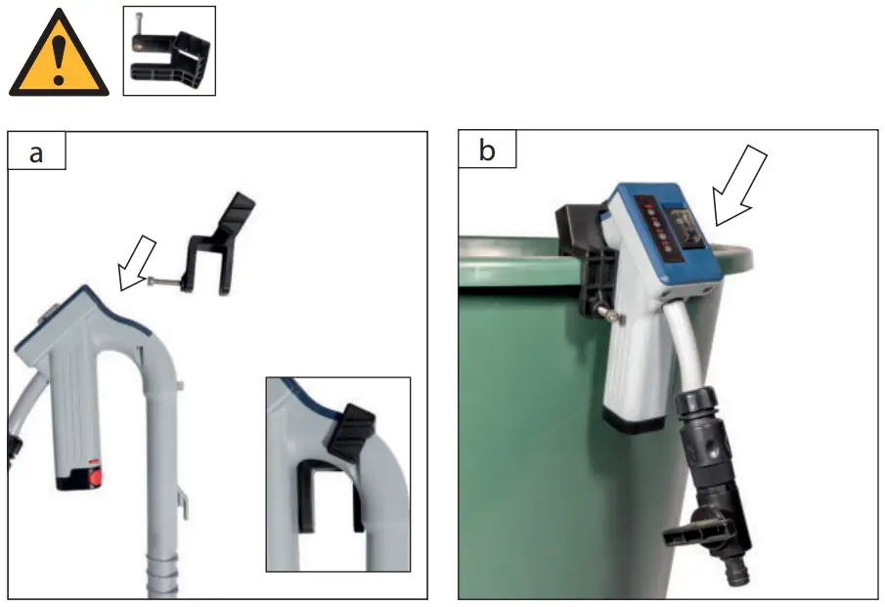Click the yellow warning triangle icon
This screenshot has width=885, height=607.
coord(59,55)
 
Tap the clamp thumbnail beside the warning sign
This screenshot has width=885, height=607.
coord(168,51)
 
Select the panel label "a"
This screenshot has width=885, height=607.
coord(36,152)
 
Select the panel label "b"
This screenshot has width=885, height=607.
coord(487,152)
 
